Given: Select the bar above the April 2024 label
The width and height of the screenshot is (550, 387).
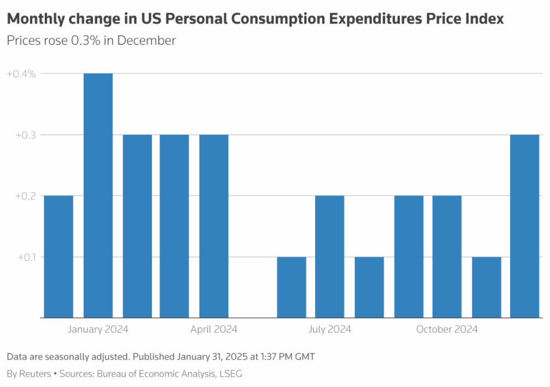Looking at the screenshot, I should click(x=214, y=226).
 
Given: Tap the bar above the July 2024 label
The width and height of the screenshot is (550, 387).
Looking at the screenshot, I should click(x=329, y=257).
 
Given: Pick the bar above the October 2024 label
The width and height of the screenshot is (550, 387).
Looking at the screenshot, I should click(x=447, y=257).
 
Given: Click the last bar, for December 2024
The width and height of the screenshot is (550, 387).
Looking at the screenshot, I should click(x=524, y=226).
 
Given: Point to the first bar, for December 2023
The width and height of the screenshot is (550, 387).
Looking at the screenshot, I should click(x=58, y=257).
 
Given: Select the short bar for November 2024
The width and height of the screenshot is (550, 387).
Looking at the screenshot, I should click(x=486, y=287).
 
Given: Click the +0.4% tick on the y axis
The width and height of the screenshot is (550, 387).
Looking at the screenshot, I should click(x=21, y=74).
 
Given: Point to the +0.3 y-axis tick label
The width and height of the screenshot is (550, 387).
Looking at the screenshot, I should click(x=24, y=135).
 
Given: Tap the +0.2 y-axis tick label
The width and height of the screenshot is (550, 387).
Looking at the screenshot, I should click(x=24, y=196).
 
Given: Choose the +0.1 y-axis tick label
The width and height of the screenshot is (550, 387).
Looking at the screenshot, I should click(x=24, y=257).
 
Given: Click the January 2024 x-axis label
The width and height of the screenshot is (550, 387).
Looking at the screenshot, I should click(x=98, y=329).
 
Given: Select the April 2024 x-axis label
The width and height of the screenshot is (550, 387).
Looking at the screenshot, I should click(x=214, y=329).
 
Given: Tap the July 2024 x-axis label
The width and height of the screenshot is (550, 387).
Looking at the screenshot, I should click(x=330, y=329).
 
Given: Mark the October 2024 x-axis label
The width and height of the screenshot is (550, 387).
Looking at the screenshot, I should click(x=447, y=329).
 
